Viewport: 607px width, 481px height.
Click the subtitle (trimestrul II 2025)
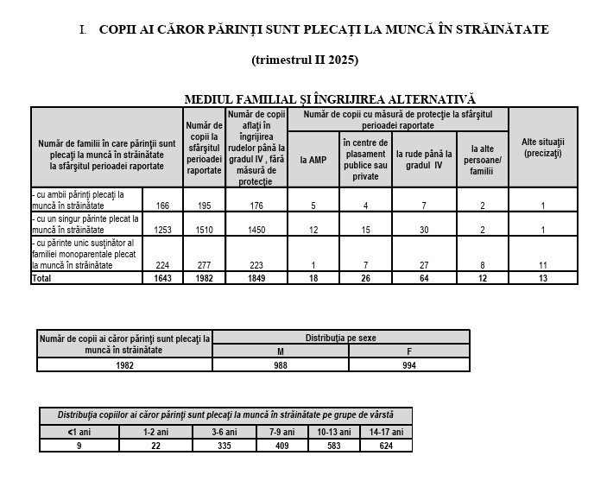pyautogui.click(x=304, y=60)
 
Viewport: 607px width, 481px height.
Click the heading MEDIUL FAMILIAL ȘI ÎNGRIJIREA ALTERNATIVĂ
pyautogui.click(x=330, y=99)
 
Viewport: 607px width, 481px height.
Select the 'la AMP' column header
pyautogui.click(x=313, y=160)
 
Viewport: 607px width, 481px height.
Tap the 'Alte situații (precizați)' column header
pyautogui.click(x=542, y=147)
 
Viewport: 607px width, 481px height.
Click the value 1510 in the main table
pyautogui.click(x=203, y=230)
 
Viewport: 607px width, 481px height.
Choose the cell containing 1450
pyautogui.click(x=256, y=230)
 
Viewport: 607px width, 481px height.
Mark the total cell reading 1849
pyautogui.click(x=256, y=279)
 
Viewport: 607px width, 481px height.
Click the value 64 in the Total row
pyautogui.click(x=424, y=279)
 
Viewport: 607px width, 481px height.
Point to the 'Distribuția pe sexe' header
pyautogui.click(x=341, y=338)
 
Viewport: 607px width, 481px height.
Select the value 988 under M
pyautogui.click(x=281, y=365)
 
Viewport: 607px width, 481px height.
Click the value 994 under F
pyautogui.click(x=409, y=365)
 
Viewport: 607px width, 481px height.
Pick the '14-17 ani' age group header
pyautogui.click(x=386, y=432)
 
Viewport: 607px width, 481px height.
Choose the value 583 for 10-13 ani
pyautogui.click(x=333, y=446)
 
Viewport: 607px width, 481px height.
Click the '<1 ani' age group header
pyautogui.click(x=79, y=432)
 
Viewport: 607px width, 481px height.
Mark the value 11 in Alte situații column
pyautogui.click(x=542, y=266)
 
